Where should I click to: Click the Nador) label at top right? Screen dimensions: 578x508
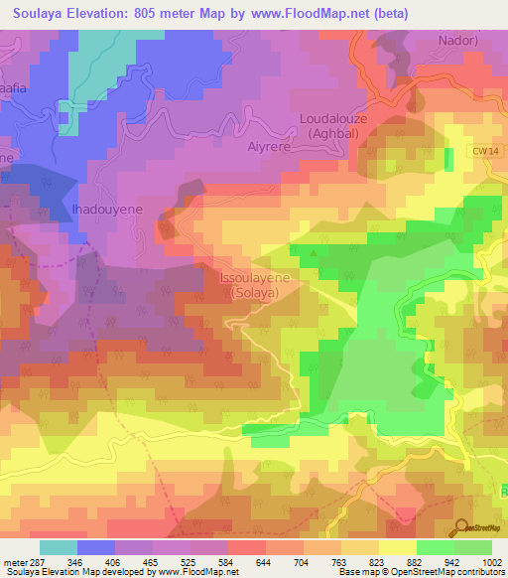458,41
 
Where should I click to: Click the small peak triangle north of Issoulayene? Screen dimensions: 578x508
316,252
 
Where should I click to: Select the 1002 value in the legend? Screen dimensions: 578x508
492,561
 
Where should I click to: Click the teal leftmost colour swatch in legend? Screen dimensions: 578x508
59,547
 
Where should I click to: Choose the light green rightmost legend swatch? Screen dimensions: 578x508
472,547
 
